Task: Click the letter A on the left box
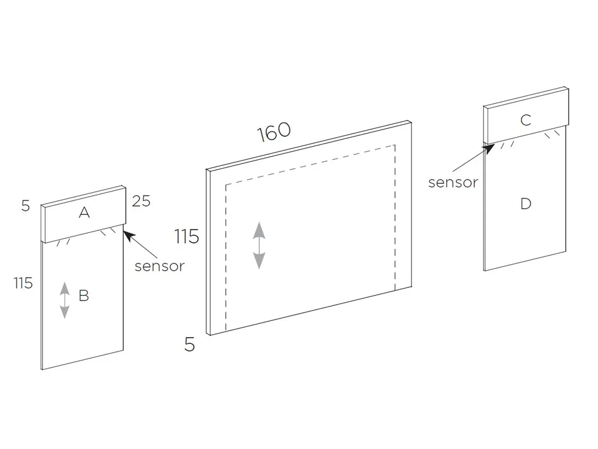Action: pyautogui.click(x=84, y=213)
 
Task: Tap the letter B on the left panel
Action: pyautogui.click(x=84, y=295)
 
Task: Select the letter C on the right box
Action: pyautogui.click(x=526, y=120)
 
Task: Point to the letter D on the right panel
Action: pyautogui.click(x=526, y=204)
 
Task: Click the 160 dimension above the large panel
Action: pyautogui.click(x=274, y=132)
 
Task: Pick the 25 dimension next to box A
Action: pyautogui.click(x=141, y=201)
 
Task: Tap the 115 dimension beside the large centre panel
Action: pyautogui.click(x=187, y=236)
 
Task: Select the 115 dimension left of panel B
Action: pyautogui.click(x=23, y=283)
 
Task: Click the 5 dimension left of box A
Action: pyautogui.click(x=25, y=206)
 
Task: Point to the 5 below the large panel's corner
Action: pyautogui.click(x=190, y=345)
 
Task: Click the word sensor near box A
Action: pyautogui.click(x=160, y=266)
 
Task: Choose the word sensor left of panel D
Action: pyautogui.click(x=453, y=183)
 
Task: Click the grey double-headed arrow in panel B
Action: pyautogui.click(x=65, y=301)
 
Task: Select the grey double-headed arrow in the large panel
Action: pyautogui.click(x=259, y=245)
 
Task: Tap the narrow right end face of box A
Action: pyautogui.click(x=124, y=207)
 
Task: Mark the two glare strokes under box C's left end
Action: pyautogui.click(x=507, y=144)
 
